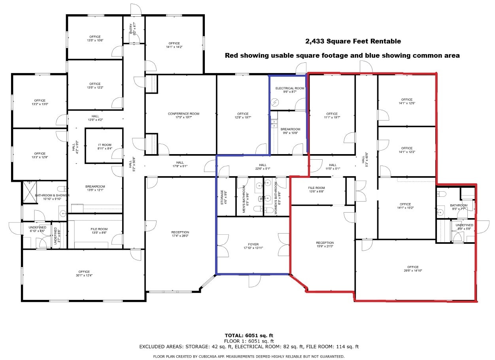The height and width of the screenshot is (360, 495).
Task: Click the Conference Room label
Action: click(x=183, y=115)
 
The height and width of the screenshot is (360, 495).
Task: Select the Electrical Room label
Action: click(x=290, y=90)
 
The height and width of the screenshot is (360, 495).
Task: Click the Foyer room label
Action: click(x=253, y=246)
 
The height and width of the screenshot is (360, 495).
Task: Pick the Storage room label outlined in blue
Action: click(x=223, y=196)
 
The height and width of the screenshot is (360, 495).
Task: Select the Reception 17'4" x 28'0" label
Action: click(x=180, y=234)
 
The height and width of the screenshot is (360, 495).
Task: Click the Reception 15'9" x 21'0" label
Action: click(x=325, y=245)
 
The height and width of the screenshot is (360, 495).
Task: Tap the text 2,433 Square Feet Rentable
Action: click(x=353, y=41)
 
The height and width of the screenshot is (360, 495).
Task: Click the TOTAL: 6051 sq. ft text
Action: click(x=249, y=335)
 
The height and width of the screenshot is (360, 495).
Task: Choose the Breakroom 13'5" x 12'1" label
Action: click(x=95, y=188)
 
